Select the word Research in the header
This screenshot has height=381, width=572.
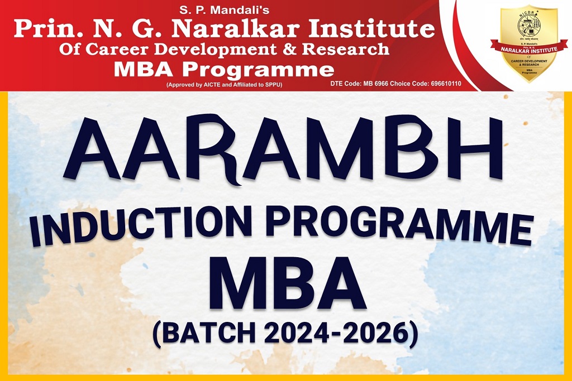(x=346, y=50)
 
